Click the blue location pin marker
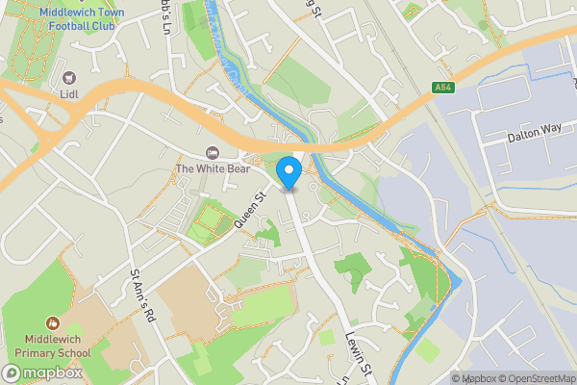[x=289, y=174]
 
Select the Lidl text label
[x=67, y=95]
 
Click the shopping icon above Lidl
[x=67, y=77]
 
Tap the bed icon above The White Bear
[x=213, y=153]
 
